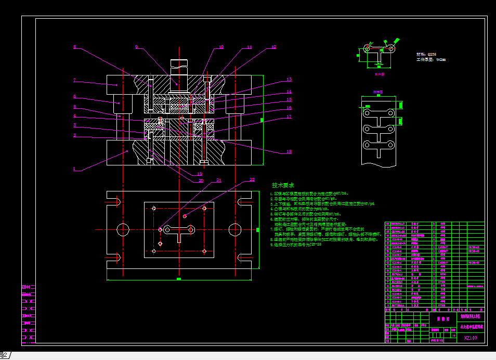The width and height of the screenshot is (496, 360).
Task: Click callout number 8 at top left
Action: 74,47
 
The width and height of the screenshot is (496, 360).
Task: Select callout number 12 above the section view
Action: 274,47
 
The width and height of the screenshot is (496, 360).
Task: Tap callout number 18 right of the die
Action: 289,152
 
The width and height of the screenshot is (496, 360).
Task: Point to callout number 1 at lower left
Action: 74,169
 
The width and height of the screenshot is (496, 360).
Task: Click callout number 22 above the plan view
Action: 252,179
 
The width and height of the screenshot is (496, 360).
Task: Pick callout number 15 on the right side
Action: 289,99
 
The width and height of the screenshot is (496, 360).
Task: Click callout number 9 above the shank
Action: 136,47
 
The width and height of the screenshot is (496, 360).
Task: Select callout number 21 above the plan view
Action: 219,181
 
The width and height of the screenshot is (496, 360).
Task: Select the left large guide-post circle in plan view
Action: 123,229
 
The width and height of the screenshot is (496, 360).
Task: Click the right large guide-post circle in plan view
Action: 237,229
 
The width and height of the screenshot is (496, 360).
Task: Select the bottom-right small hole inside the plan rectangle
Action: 204,251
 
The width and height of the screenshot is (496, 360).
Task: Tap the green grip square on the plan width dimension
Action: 178,279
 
